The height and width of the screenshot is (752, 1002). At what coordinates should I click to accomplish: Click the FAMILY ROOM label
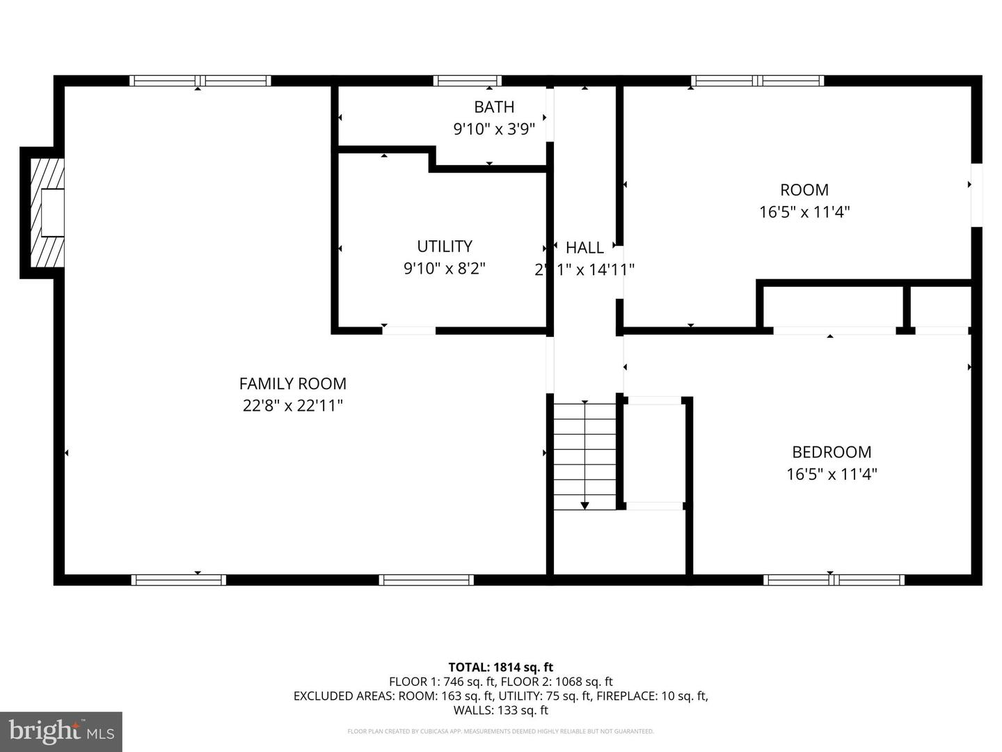(x=292, y=384)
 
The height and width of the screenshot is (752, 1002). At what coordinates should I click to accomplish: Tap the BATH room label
(x=494, y=107)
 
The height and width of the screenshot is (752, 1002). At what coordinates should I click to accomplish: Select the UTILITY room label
(x=445, y=246)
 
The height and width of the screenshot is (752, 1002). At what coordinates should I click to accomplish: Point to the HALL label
(x=584, y=248)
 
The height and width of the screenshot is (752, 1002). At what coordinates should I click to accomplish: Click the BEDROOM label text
(x=832, y=452)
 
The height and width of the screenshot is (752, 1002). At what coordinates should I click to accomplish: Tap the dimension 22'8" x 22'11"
(x=292, y=405)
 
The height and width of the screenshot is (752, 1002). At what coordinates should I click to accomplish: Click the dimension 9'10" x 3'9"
(x=494, y=129)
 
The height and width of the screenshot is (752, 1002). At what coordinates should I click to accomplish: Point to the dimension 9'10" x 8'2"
(x=445, y=268)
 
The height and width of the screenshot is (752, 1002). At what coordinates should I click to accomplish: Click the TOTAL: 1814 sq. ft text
(x=500, y=667)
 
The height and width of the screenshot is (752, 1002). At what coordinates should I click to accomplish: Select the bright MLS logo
(x=61, y=731)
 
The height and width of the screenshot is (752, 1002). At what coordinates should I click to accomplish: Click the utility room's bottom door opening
(x=409, y=330)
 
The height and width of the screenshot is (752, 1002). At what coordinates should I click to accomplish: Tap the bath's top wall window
(x=467, y=81)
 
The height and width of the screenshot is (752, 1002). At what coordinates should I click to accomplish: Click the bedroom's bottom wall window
(x=834, y=579)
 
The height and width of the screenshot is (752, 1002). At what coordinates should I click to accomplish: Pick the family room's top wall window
(x=200, y=81)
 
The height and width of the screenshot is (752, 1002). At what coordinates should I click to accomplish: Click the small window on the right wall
(x=976, y=195)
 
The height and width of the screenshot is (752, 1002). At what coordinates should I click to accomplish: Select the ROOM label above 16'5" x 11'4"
(x=804, y=190)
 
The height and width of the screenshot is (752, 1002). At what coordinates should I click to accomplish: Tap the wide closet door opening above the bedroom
(x=834, y=330)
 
